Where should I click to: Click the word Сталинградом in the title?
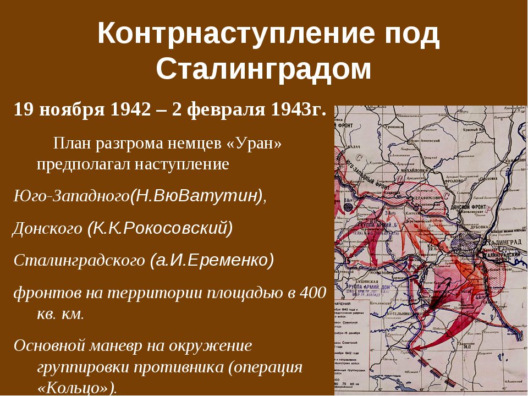click(x=263, y=69)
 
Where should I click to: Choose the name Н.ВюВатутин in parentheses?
click(x=196, y=196)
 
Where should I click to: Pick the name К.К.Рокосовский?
click(x=160, y=228)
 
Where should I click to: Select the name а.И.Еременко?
click(x=211, y=260)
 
